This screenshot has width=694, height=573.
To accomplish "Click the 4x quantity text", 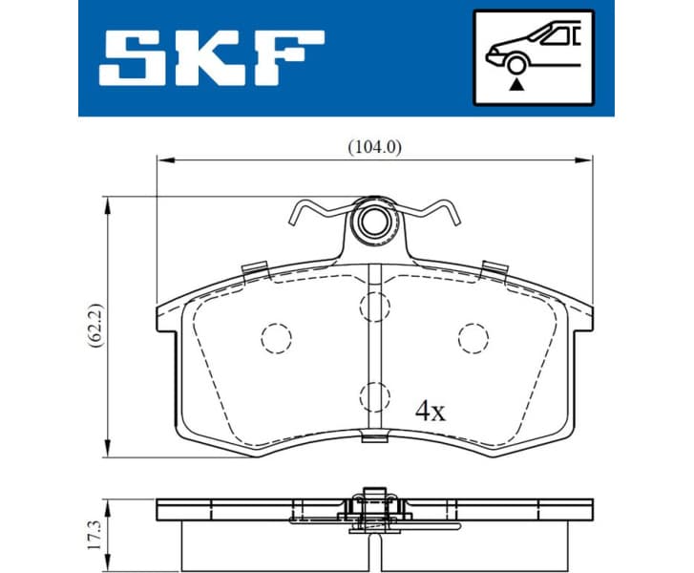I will click(431, 412).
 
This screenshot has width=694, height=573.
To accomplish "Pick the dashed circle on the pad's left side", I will click(275, 337).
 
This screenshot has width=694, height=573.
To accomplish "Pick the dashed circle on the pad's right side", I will click(473, 337).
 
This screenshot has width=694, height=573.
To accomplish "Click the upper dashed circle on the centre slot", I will click(374, 306).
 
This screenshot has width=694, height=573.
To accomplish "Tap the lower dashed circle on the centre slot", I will click(374, 395).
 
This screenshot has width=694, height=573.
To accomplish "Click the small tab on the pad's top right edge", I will click(494, 267).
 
